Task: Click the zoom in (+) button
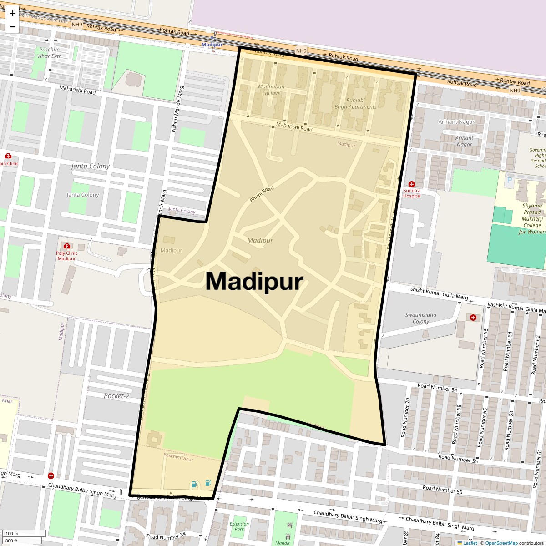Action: (x=12, y=13)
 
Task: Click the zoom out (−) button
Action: (x=12, y=27)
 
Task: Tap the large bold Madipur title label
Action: (x=254, y=281)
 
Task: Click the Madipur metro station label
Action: (x=212, y=45)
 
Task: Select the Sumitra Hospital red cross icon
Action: (x=412, y=184)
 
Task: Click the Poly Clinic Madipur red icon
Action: (x=67, y=246)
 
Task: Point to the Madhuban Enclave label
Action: (x=271, y=90)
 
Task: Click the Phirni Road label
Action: (x=262, y=194)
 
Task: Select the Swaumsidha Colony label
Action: (x=421, y=318)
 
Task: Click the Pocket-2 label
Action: (x=116, y=396)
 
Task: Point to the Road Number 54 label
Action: (x=437, y=388)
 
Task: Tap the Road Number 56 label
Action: (x=442, y=489)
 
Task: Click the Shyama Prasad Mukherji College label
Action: (x=532, y=218)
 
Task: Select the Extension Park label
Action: (x=239, y=526)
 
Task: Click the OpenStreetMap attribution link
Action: (x=501, y=543)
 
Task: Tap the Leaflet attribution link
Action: (x=470, y=543)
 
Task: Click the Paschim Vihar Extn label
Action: (x=50, y=53)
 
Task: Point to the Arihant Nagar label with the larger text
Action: (x=456, y=122)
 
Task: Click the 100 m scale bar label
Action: (x=12, y=533)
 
